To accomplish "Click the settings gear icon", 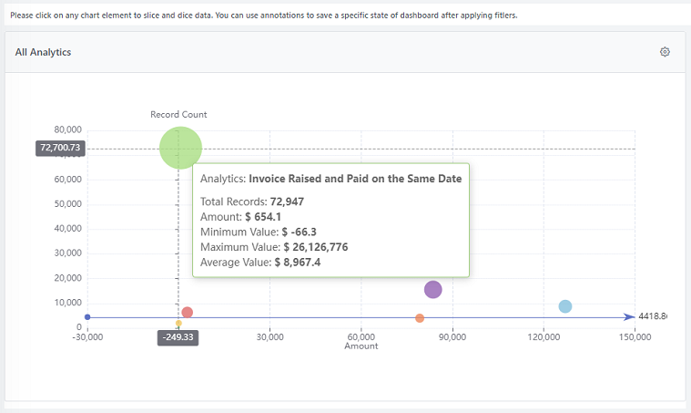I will (x=665, y=52).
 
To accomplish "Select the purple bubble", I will (x=432, y=289).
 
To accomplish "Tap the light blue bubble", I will (x=564, y=306).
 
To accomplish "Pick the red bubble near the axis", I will (x=187, y=313).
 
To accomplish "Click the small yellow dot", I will (x=178, y=324).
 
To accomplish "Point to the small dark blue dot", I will (x=87, y=317).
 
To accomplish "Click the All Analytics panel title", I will (x=43, y=53).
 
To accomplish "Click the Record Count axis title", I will (x=178, y=115).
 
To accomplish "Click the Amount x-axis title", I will (x=361, y=346).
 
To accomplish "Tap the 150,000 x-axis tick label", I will (x=635, y=336).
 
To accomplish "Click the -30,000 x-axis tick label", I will (x=87, y=336).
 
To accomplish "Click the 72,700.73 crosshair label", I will (x=60, y=148).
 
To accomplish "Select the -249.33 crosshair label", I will (x=178, y=336).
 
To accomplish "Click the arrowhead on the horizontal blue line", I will (x=629, y=317).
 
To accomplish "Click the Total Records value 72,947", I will (x=289, y=201).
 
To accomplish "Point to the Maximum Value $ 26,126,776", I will (x=315, y=247).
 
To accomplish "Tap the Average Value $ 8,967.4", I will (x=301, y=263).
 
